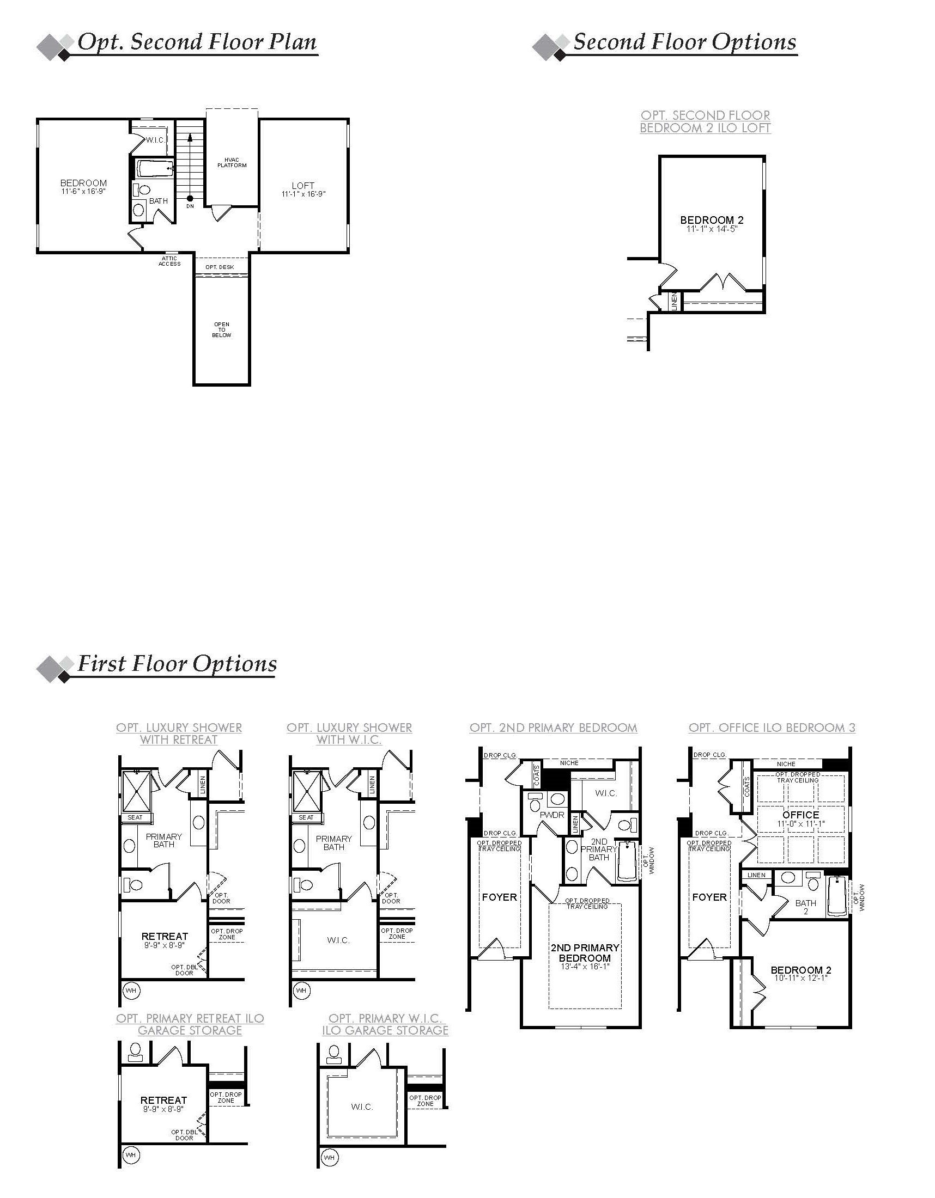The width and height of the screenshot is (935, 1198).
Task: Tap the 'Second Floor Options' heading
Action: (x=684, y=42)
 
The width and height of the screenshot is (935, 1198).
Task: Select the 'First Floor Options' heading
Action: (x=177, y=664)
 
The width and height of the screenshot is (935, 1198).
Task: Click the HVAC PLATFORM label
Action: (x=232, y=162)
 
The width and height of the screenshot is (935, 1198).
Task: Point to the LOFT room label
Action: (x=303, y=186)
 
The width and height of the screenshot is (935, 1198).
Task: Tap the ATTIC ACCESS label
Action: (x=169, y=261)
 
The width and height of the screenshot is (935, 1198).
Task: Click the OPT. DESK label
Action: (x=220, y=267)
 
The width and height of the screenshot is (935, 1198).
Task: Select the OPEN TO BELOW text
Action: (x=222, y=329)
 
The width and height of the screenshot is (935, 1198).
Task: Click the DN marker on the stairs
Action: (x=190, y=206)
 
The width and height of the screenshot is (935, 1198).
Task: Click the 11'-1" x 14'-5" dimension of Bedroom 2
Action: (x=712, y=229)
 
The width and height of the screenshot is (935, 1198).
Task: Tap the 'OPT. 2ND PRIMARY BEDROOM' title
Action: (x=553, y=728)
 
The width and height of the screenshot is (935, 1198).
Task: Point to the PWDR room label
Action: (x=552, y=830)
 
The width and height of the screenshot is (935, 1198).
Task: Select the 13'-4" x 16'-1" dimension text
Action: (x=584, y=967)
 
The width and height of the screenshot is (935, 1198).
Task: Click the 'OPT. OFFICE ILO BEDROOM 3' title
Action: (x=772, y=728)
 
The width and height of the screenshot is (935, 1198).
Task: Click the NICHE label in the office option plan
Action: (x=786, y=763)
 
